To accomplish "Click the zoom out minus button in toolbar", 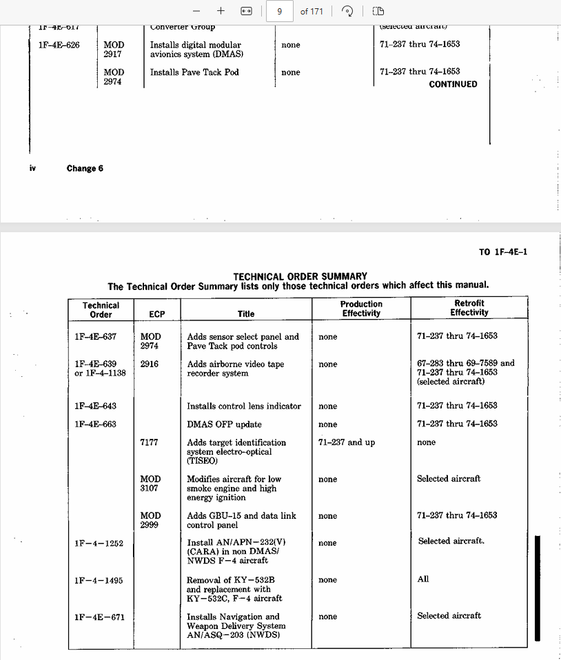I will [196, 11].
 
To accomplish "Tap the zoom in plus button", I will [221, 11].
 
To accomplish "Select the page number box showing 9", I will [279, 11].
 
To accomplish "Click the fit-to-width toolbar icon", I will [246, 11].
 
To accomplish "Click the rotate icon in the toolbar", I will [348, 11].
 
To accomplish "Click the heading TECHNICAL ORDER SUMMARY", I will [300, 276].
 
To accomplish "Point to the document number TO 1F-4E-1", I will [503, 252].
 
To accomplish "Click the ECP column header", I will [157, 313].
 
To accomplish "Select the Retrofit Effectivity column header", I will [469, 308].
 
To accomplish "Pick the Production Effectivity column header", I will [361, 309].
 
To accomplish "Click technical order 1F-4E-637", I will [96, 337].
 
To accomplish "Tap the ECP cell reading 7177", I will [149, 442].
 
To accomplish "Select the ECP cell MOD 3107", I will [150, 483].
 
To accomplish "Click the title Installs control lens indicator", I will [244, 406].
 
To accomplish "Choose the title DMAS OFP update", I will [224, 424].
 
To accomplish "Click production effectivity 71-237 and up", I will [347, 442].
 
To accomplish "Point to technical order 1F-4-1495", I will [99, 580].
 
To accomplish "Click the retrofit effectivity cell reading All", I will [423, 579].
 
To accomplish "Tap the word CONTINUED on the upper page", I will [453, 84].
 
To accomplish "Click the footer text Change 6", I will [85, 168].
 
